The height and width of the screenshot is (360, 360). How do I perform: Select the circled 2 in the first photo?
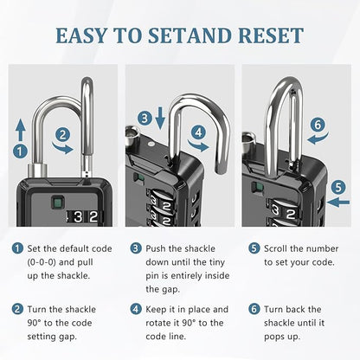pyautogui.click(x=62, y=135)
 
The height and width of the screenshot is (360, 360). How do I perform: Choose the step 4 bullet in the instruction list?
pyautogui.click(x=136, y=309)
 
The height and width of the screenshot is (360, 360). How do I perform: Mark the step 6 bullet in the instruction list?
pyautogui.click(x=253, y=309)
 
